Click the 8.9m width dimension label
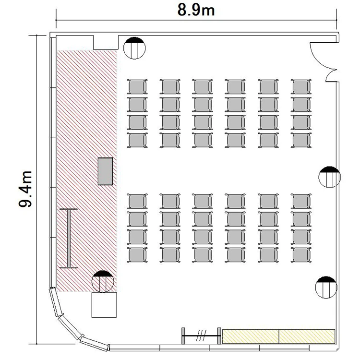(196, 11)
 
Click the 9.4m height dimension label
(25, 189)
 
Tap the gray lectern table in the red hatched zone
(106, 171)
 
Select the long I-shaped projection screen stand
(69, 238)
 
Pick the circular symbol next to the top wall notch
(134, 48)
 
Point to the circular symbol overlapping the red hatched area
(103, 281)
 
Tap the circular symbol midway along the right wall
(330, 177)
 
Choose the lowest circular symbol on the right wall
(326, 287)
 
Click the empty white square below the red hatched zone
(104, 305)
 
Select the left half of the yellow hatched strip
(251, 336)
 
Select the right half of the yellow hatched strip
(307, 336)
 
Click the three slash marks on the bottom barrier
(201, 336)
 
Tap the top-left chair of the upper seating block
(137, 86)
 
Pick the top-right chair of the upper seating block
(301, 86)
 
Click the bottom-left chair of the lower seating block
(137, 254)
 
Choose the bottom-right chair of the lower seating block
(301, 254)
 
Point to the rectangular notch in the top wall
(106, 42)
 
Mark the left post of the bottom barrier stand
(183, 336)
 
